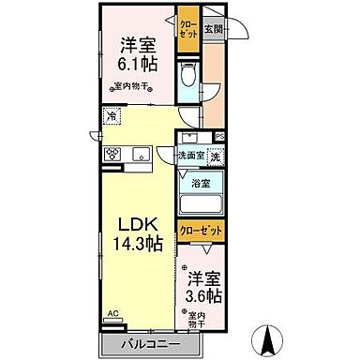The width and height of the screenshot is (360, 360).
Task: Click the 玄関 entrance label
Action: click(213, 29)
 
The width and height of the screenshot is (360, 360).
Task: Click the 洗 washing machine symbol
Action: click(215, 157)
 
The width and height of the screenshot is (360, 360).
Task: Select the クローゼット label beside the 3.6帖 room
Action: click(202, 228)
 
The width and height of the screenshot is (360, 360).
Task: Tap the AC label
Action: click(112, 314)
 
